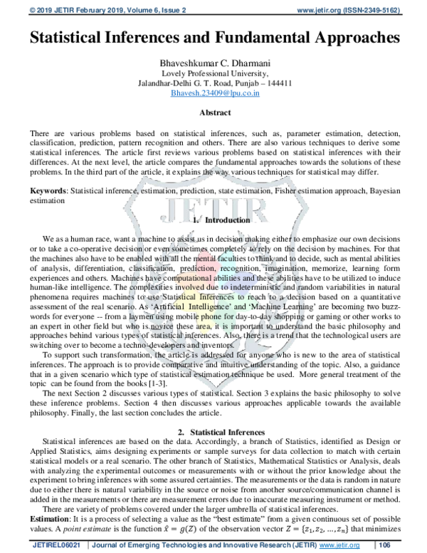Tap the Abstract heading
tap(214, 113)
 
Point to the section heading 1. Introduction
tap(214, 221)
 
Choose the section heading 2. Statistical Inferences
tap(214, 433)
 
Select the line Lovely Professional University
tap(214, 73)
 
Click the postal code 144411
tap(278, 83)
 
